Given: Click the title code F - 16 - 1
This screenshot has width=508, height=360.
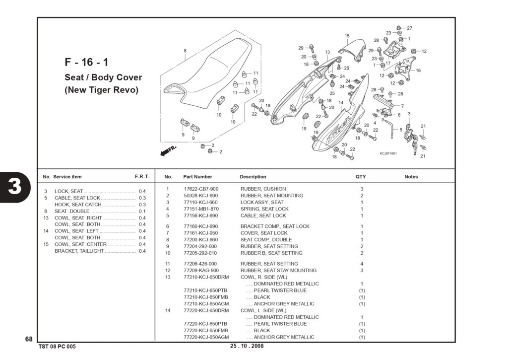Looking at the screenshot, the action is point(86,62).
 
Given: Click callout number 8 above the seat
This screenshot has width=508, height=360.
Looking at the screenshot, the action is point(185,51).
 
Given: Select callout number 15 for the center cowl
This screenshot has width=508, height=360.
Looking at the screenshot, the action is point(347,36).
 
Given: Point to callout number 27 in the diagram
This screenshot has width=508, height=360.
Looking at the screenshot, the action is point(409,28).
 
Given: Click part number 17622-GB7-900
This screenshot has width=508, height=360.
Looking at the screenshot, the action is point(201,189).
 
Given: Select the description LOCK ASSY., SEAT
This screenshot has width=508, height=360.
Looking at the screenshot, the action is point(262,202).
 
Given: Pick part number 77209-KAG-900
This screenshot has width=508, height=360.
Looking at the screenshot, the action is point(201,270).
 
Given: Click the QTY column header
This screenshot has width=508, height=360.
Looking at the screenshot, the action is point(361,177).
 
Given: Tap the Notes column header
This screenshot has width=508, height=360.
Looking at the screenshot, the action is point(411,177).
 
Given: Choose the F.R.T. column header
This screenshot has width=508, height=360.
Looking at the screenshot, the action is point(142,177).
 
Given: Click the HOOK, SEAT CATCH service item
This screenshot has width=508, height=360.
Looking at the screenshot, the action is point(78,204).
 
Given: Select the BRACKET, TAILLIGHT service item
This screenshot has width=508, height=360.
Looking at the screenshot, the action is point(79,251).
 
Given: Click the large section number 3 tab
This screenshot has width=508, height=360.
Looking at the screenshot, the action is point(15,187).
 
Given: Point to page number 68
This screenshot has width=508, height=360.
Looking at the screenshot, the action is point(29,339).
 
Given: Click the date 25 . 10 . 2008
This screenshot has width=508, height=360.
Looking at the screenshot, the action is point(247,346).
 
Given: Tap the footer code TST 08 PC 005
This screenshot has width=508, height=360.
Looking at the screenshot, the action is point(57,347).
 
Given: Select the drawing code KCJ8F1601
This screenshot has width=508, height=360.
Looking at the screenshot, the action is point(388,153).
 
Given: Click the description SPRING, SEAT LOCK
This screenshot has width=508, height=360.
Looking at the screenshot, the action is point(264,209).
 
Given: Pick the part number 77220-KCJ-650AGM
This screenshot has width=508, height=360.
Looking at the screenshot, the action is point(206,337).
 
